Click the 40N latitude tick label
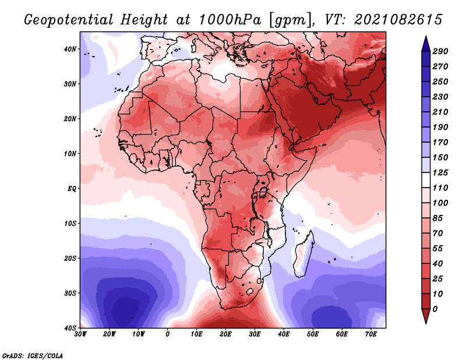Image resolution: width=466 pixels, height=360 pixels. (x=70, y=49)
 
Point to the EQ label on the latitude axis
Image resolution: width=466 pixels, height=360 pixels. (x=72, y=189)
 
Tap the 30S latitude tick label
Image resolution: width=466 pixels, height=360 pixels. (x=70, y=294)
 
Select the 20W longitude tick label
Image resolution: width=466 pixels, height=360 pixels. (x=109, y=334)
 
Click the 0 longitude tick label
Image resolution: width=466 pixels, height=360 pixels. (x=168, y=334)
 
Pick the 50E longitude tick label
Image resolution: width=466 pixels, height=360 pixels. (x=313, y=334)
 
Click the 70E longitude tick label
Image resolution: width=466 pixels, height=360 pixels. (x=371, y=334)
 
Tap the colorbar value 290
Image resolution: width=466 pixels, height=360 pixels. (x=440, y=51)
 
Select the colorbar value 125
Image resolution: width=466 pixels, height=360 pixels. (x=440, y=172)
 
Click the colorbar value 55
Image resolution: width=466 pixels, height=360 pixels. (x=438, y=249)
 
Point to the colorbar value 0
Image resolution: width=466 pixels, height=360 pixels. (x=435, y=309)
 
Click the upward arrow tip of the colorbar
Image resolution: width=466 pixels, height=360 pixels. (x=426, y=36)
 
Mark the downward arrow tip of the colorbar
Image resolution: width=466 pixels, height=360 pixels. (x=426, y=323)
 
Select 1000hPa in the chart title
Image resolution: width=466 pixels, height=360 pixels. (x=230, y=20)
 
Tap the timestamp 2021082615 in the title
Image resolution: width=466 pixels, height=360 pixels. (x=398, y=20)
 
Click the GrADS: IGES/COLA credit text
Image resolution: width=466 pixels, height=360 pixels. (x=33, y=356)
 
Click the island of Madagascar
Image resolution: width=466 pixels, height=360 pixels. (x=303, y=254)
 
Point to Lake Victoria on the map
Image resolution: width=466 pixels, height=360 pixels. (x=263, y=193)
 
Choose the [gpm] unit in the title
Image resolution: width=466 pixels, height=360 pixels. (x=291, y=20)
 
